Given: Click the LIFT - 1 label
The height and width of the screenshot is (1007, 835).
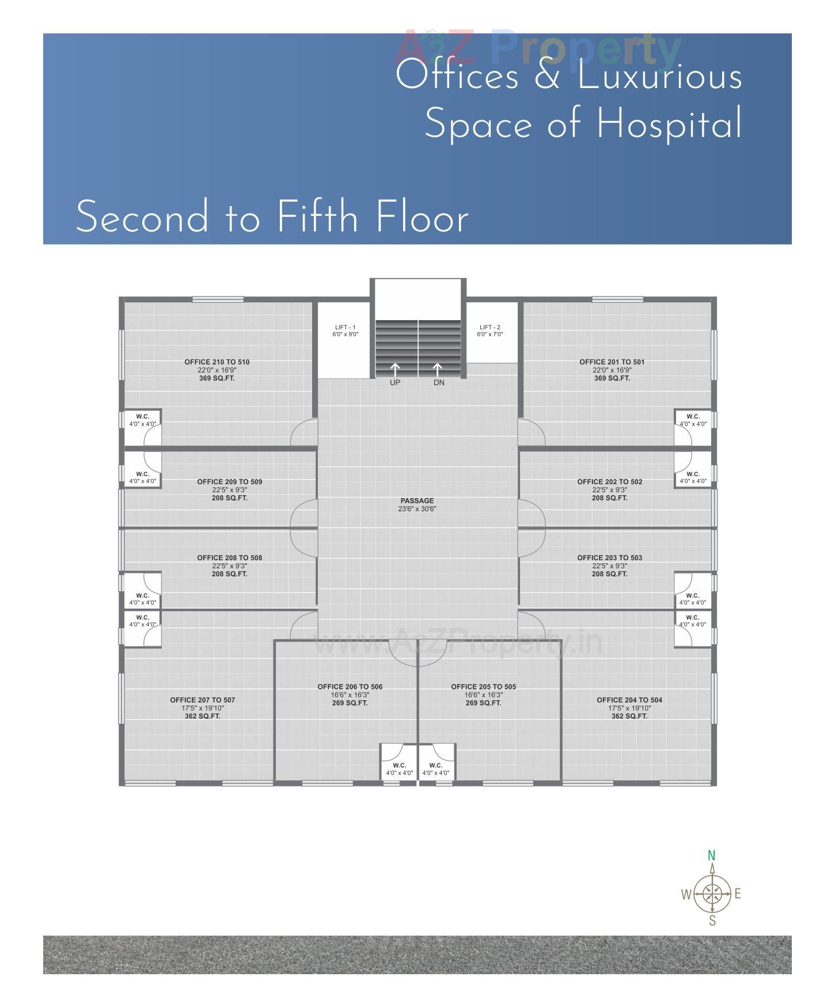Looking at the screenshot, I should coord(345,327).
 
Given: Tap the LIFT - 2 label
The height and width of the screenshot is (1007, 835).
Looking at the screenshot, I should coord(489,327).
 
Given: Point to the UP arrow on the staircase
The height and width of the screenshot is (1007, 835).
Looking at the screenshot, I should coord(395,370).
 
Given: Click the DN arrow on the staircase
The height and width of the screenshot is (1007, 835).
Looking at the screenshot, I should coord(438,370).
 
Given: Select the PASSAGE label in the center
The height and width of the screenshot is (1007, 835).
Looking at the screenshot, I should coord(417,501).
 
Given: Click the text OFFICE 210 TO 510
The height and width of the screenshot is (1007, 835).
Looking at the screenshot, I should coord(217,362).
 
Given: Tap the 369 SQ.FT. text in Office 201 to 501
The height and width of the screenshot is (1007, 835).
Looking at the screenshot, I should coord(612,378).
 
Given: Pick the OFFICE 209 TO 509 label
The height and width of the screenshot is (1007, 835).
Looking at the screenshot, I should coord(229,482).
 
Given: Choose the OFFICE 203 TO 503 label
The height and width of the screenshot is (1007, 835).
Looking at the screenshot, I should coord(609,558).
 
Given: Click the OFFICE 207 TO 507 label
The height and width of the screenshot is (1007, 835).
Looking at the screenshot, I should coord(203,700).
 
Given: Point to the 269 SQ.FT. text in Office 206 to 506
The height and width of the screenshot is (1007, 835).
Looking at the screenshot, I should coord(350,703).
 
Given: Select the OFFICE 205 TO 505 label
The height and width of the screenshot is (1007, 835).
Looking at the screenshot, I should coord(483,687).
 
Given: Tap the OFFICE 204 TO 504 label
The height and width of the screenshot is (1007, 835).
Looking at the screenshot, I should coord(629,700).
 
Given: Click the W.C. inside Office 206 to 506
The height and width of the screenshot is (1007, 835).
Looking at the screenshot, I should coord(399,766).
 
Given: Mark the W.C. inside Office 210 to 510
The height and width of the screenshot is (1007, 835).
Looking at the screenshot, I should coord(142,416).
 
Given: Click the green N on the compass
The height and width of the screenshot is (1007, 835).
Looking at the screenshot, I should coord(712,856).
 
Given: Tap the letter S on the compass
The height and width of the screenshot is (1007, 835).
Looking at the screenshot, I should coord(712,921).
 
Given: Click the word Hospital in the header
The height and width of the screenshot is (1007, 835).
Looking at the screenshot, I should coord(669,124).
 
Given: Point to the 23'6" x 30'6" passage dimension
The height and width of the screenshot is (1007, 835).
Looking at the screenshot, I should coord(417,509).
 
